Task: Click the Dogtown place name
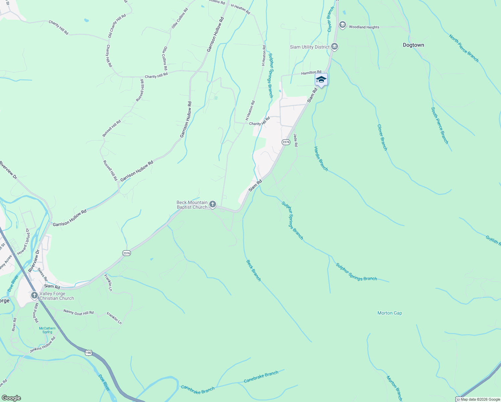pos(413,45)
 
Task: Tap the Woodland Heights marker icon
pos(342,25)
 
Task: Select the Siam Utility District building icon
pos(334,47)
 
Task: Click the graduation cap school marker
pos(321,79)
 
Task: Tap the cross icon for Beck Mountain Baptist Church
pos(212,204)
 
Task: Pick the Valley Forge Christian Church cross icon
pos(34,295)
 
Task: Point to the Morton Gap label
pos(389,313)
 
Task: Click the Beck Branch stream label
pos(254,270)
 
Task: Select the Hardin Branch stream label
pos(321,159)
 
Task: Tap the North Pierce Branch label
pos(464,48)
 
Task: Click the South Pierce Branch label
pos(439,126)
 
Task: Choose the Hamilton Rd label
pos(311,72)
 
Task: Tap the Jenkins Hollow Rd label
pos(43,345)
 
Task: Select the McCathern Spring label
pos(47,330)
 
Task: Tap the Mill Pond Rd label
pos(35,313)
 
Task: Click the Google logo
pos(11,398)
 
